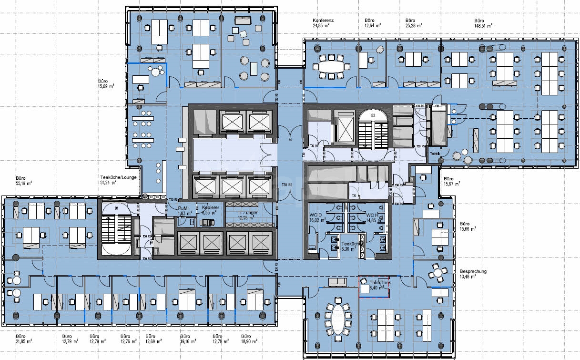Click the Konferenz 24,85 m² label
pyautogui.click(x=323, y=23)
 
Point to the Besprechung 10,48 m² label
pyautogui.click(x=473, y=274)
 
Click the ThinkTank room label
pyautogui.click(x=374, y=285)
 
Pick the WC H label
pyautogui.click(x=373, y=217)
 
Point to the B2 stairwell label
pyautogui.click(x=374, y=115)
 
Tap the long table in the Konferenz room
pyautogui.click(x=331, y=66)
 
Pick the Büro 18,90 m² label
pyautogui.click(x=247, y=339)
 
